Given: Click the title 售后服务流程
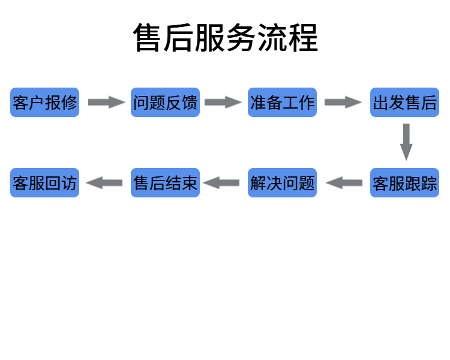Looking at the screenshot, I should point(225,38).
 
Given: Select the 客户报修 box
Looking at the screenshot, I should point(45,103).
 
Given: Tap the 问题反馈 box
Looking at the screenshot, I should point(165,103).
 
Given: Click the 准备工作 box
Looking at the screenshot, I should point(282,103).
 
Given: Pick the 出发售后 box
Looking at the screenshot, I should point(404,103).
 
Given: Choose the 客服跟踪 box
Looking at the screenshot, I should point(404,183).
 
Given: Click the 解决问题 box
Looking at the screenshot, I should point(282,183).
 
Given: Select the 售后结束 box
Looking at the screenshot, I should point(165,183).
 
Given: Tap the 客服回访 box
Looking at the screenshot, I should point(45,183).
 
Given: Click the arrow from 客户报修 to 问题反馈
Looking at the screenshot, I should point(106,103).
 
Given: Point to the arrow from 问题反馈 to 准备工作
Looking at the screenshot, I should point(223,103).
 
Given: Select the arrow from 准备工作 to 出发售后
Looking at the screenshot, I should point(343,103).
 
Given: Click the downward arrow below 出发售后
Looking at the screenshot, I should point(406,142).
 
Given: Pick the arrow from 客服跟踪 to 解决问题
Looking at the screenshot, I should point(344,183).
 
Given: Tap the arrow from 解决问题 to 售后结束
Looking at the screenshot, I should point(221,183).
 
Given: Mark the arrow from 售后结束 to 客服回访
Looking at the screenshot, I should point(104,183).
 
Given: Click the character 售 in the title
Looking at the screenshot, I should point(148,38).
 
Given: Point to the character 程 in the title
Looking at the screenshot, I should point(302,38).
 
